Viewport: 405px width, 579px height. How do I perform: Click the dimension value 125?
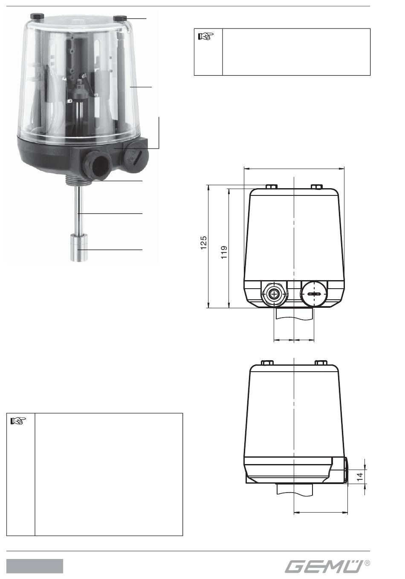(x=204, y=243)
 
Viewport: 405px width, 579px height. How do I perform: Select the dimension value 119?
(x=224, y=252)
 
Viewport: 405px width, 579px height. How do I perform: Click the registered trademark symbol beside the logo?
(x=367, y=563)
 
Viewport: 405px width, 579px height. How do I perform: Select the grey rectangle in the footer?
(x=35, y=566)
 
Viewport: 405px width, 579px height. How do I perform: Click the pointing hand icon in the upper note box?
(x=206, y=36)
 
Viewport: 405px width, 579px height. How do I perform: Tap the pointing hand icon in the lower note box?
(x=18, y=421)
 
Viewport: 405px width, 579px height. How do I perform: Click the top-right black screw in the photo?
(x=120, y=19)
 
